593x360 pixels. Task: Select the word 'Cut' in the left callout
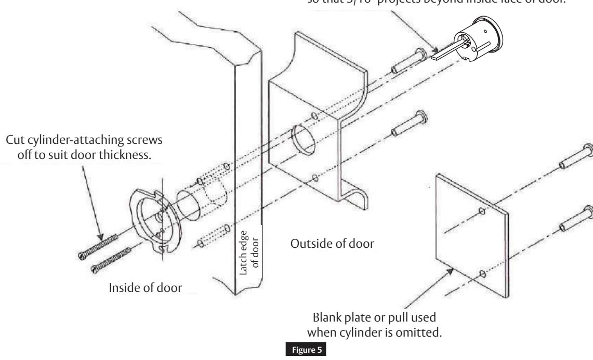click(15, 142)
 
